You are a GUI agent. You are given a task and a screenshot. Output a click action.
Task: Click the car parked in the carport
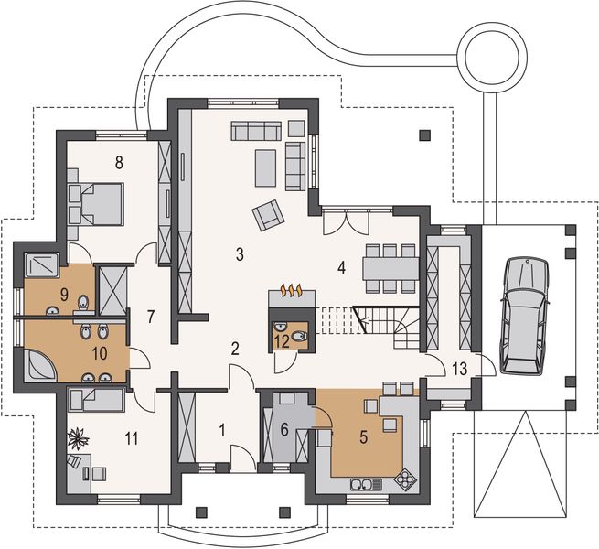(525, 316)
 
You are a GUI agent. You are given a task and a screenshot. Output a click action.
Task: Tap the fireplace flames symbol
(293, 291)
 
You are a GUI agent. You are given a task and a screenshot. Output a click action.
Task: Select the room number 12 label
(282, 342)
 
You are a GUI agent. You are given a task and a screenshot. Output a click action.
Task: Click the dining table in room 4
(391, 268)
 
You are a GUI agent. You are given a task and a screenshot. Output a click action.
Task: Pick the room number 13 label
(460, 370)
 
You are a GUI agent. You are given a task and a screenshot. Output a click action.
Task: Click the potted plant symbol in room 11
(79, 437)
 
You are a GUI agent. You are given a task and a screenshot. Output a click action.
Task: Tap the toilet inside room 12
(298, 337)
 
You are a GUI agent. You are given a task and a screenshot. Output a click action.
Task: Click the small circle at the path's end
(493, 59)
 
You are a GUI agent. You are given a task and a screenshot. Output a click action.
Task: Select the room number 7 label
(151, 317)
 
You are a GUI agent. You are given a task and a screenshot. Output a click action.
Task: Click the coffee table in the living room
(265, 167)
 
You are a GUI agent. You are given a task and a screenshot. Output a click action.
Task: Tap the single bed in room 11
(96, 400)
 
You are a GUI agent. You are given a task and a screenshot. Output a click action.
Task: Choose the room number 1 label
(222, 430)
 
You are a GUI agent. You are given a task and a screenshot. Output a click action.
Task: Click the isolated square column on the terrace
(425, 135)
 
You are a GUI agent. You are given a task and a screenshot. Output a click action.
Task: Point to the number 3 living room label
(240, 254)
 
